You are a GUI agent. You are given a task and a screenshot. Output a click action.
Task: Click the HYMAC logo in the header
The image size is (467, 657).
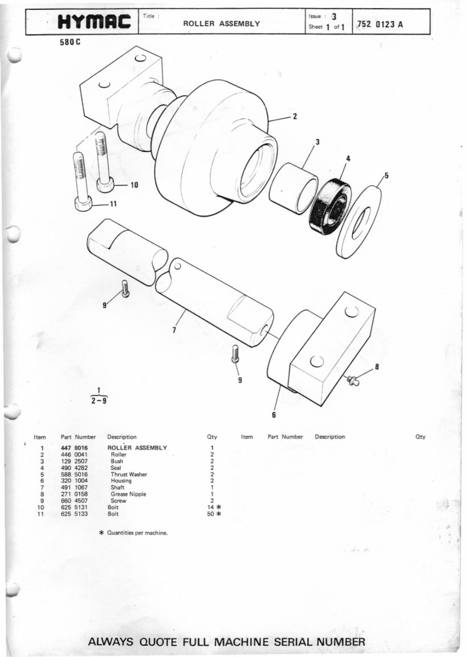95,22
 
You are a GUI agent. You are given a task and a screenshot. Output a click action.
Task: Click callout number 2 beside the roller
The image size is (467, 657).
295,116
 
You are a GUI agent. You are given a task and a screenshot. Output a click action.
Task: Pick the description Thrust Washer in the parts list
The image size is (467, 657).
129,474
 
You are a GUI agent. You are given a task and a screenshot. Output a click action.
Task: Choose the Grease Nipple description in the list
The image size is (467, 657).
128,494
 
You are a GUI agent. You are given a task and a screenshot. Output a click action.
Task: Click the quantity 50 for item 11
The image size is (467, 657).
210,514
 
